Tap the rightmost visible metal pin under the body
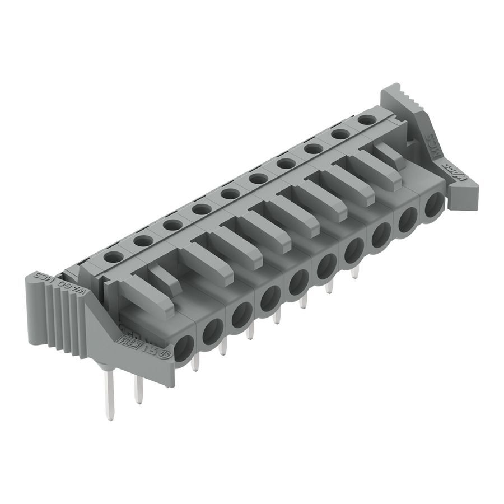click(x=354, y=272)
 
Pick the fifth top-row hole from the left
click(x=230, y=194)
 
